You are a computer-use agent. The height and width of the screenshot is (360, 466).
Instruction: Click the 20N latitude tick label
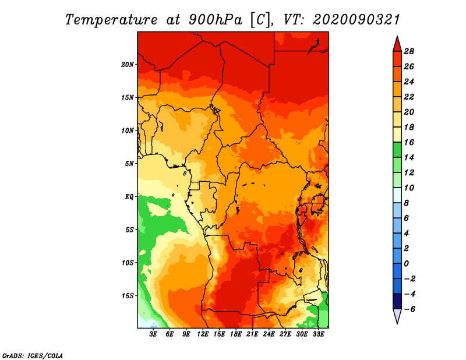tap(128, 65)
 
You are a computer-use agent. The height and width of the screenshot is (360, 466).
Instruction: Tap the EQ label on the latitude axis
tap(129, 197)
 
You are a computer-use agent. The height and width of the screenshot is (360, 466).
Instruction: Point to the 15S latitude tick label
tap(128, 296)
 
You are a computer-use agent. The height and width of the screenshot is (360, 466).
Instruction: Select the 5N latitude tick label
tap(129, 164)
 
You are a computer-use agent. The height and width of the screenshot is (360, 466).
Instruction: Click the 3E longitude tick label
tap(153, 334)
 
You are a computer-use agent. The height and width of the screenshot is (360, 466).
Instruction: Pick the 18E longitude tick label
tap(236, 334)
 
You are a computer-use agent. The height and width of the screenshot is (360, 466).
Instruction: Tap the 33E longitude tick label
tap(318, 334)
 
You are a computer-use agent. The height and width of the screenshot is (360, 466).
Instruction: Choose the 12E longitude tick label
tap(202, 334)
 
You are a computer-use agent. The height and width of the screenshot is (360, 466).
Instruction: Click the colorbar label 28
tap(409, 51)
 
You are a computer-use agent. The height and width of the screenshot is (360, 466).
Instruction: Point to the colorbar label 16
tap(409, 142)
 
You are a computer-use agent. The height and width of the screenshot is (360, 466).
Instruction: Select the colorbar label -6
tap(409, 309)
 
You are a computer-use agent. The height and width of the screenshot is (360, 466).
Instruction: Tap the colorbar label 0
tap(406, 264)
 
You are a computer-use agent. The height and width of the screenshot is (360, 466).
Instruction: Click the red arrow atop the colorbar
tap(397, 44)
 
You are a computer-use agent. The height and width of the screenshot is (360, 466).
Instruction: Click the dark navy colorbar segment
tap(397, 301)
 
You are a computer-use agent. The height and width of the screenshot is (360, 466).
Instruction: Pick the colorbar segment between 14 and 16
tap(397, 150)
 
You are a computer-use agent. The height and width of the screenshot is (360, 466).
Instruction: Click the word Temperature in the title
tap(111, 20)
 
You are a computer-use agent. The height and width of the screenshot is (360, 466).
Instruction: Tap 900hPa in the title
tap(216, 20)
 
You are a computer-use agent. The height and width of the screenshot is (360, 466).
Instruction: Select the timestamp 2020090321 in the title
tap(356, 20)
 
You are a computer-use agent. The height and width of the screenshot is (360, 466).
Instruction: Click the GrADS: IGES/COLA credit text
tap(33, 356)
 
